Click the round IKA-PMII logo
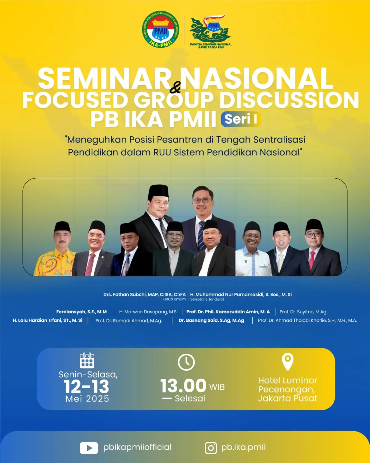[x=160, y=30]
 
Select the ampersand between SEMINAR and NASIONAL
[x=175, y=88]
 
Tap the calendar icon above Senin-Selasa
[x=87, y=360]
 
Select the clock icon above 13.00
[x=186, y=362]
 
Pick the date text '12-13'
[x=87, y=387]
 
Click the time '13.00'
[x=183, y=386]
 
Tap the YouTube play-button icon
[x=89, y=448]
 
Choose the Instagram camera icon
[x=211, y=448]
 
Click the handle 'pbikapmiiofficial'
[x=137, y=447]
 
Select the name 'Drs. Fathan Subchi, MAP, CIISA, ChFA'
[x=144, y=295]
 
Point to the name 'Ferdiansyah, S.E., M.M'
[x=81, y=312]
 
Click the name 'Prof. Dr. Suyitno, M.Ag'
[x=303, y=312]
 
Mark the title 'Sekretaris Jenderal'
[x=207, y=300]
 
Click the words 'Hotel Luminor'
[x=287, y=381]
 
